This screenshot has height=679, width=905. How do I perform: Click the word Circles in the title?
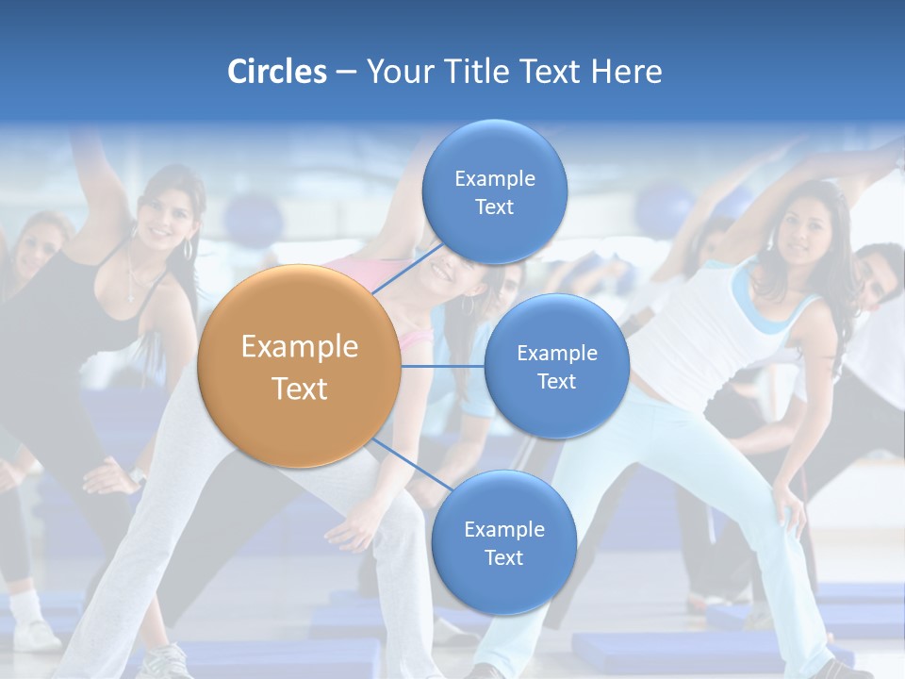[x=276, y=72]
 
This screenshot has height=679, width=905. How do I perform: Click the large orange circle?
[x=299, y=366]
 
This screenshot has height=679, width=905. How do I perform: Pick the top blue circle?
[x=494, y=192]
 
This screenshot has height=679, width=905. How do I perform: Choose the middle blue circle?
[x=556, y=366]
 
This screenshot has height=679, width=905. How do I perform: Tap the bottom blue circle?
[x=503, y=543]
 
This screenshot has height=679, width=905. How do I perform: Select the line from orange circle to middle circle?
[x=443, y=366]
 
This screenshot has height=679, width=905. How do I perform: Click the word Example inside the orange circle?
[x=300, y=347]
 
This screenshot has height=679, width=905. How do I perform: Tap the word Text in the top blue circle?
[x=494, y=207]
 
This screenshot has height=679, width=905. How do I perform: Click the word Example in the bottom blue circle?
[x=503, y=529]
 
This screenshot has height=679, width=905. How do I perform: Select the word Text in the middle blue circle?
[x=556, y=381]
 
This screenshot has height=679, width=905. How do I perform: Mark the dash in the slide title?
[x=346, y=73]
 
